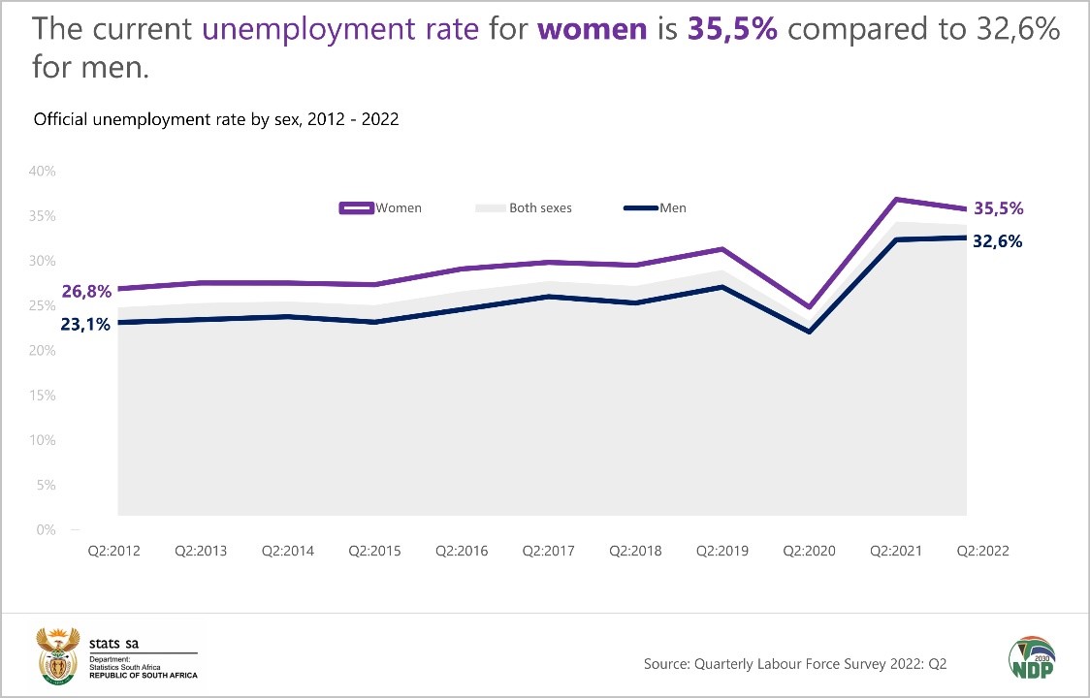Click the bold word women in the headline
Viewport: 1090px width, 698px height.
[592, 29]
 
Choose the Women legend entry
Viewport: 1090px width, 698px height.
[382, 207]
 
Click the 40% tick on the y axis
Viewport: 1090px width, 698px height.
[42, 171]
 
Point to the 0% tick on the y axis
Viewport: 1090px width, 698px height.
[46, 529]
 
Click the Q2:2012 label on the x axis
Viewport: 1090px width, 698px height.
[114, 551]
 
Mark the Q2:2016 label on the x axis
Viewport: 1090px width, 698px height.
[463, 551]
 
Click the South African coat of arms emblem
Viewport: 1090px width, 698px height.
[56, 656]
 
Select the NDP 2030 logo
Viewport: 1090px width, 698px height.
[1032, 660]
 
